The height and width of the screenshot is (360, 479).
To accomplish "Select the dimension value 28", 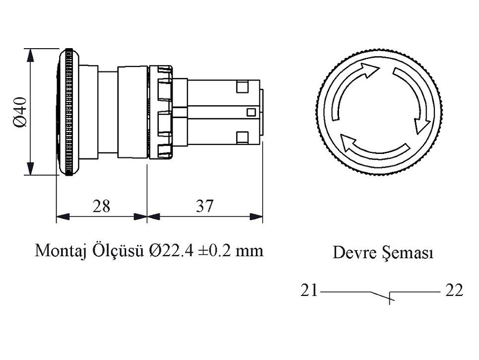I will click(101, 206).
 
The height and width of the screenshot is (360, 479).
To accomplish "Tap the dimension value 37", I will click(204, 206).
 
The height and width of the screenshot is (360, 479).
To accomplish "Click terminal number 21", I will click(309, 290).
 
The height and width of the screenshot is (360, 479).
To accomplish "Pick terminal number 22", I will click(454, 290).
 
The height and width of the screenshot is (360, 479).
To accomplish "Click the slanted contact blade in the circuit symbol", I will click(381, 296).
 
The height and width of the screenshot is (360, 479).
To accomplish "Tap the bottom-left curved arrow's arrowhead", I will click(346, 143).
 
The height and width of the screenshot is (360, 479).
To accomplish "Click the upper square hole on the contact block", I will click(243, 87).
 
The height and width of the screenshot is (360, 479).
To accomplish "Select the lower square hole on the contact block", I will click(243, 136).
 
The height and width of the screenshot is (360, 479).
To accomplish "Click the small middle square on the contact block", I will click(251, 112).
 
